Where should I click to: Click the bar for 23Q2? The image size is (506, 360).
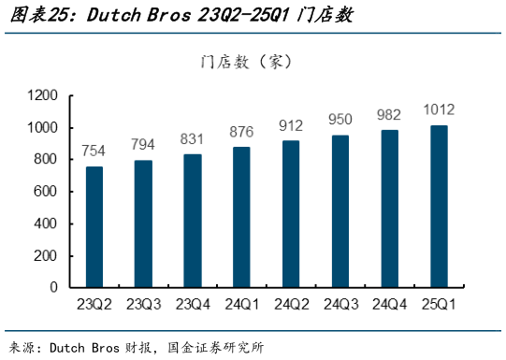(x=94, y=227)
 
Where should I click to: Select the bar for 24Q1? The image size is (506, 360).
(x=241, y=217)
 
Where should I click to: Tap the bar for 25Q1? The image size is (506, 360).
(x=438, y=207)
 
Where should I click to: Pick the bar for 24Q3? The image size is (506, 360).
(x=340, y=211)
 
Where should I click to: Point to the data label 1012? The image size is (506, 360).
(x=438, y=110)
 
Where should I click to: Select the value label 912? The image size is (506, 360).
(x=291, y=125)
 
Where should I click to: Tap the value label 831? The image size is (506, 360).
(x=193, y=138)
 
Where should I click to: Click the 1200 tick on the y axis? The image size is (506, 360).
(x=43, y=95)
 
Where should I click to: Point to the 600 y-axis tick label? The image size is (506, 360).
(x=47, y=192)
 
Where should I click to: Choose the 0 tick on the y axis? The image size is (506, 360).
(x=54, y=287)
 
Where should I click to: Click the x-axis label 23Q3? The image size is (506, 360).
(x=143, y=304)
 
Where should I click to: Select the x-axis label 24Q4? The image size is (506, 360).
(x=388, y=304)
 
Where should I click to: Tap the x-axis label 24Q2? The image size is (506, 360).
(x=290, y=304)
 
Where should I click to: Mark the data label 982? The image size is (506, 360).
(x=388, y=115)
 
